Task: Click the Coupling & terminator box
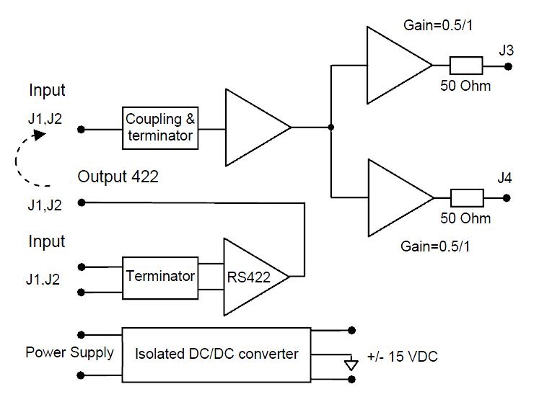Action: pyautogui.click(x=160, y=128)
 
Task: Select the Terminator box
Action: pyautogui.click(x=160, y=276)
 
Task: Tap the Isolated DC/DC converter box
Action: pyautogui.click(x=216, y=354)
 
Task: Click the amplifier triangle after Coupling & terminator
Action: pyautogui.click(x=254, y=128)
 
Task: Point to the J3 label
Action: pyautogui.click(x=506, y=50)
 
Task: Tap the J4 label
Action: pyautogui.click(x=506, y=178)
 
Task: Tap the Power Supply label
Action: pyautogui.click(x=69, y=353)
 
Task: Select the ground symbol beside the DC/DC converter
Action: pyautogui.click(x=351, y=364)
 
